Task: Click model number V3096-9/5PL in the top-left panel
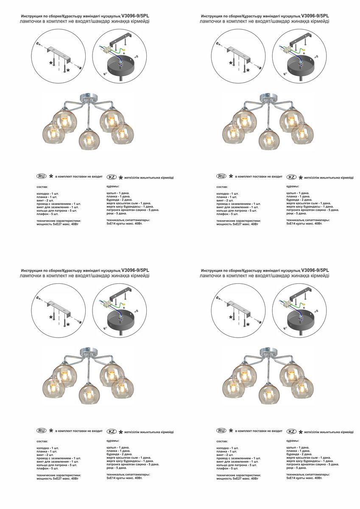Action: tap(135, 16)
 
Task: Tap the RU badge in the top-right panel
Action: tap(221, 176)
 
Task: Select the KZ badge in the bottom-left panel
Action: tap(112, 431)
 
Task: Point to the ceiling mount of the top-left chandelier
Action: tap(88, 97)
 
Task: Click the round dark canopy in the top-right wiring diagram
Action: tap(301, 65)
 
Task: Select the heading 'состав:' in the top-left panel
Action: tap(42, 187)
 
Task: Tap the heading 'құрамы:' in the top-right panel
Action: tap(293, 186)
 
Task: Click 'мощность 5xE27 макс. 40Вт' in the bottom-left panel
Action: tap(58, 478)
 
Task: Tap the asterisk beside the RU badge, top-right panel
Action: tap(231, 176)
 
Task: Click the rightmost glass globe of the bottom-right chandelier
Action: tap(302, 388)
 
